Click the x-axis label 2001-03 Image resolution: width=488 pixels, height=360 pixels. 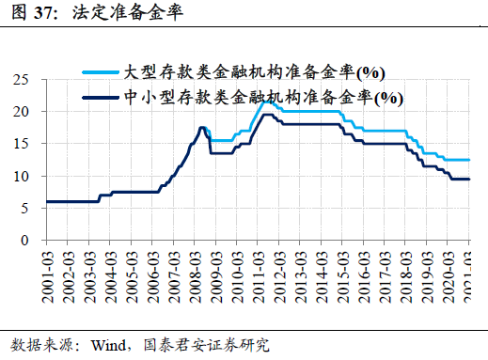click(48, 272)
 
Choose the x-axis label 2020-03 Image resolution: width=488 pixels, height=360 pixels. click(449, 272)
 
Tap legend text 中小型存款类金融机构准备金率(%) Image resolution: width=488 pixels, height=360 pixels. click(263, 96)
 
